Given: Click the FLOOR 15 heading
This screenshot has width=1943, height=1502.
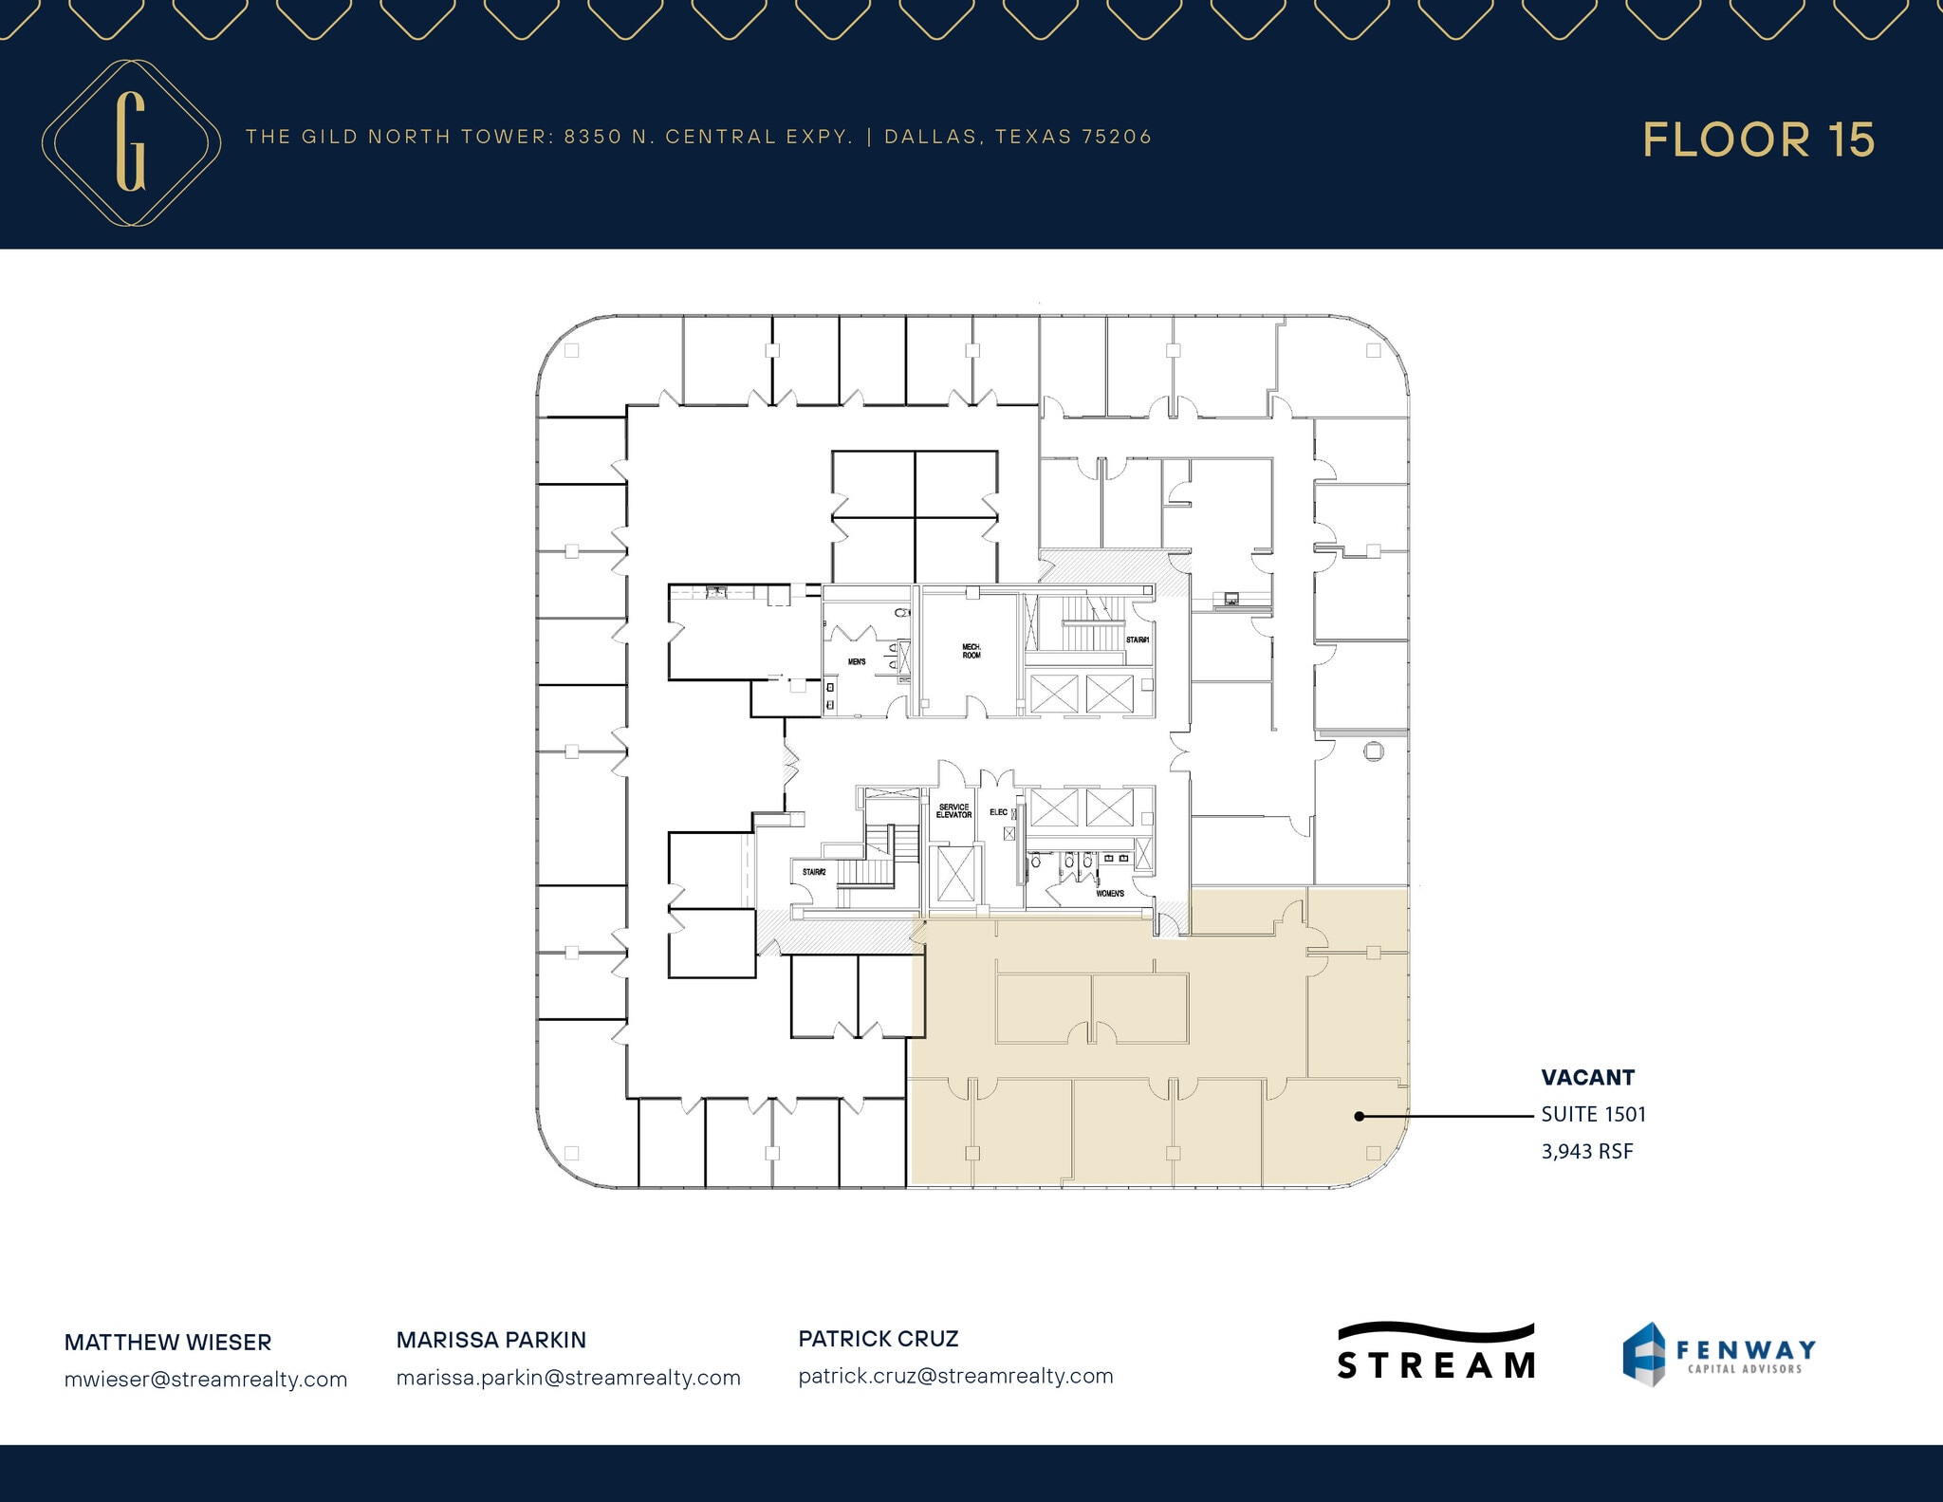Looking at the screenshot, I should tap(1758, 140).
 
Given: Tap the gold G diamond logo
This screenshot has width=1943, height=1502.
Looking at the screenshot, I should tap(131, 143).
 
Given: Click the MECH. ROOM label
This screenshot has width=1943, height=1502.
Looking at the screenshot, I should tap(971, 651).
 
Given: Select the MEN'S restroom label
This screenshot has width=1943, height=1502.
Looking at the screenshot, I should tap(857, 661).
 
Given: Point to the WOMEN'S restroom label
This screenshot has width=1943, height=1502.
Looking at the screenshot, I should tap(1110, 894).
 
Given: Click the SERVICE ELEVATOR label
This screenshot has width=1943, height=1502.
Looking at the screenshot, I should tap(953, 811).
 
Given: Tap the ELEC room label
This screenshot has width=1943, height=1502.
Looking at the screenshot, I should tap(998, 812).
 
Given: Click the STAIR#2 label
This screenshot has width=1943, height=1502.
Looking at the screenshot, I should tap(813, 872).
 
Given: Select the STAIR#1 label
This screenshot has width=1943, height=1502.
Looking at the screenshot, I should tap(1138, 640).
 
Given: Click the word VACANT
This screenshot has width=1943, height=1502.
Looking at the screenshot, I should tap(1587, 1078).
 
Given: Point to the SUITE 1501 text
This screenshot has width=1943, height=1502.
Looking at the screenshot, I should tap(1593, 1114).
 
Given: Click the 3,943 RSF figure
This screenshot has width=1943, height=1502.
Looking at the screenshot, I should tap(1586, 1151).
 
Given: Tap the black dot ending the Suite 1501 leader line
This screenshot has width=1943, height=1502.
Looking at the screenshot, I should tap(1359, 1117).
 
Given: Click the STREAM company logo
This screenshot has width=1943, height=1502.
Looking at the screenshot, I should tap(1435, 1352).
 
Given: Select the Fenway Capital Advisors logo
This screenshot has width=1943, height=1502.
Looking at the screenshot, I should tap(1718, 1354).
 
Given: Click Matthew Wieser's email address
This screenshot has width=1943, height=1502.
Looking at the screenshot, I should tap(206, 1380).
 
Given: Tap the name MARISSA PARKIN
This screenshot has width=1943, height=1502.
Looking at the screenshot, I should tap(491, 1340).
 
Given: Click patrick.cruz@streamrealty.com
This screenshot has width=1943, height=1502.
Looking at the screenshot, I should tap(955, 1376).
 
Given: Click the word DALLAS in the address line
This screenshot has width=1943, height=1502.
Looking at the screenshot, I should tap(930, 137).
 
